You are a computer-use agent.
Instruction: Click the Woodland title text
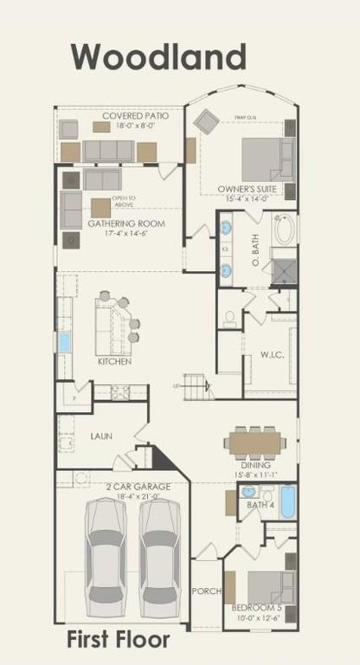click(158, 57)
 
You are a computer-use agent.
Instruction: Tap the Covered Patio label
click(135, 116)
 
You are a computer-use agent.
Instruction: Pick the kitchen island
click(112, 327)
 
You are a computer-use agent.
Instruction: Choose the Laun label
click(101, 436)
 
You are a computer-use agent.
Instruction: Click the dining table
click(254, 443)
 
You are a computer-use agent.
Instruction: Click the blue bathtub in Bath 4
click(287, 502)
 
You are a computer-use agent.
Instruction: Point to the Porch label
click(207, 591)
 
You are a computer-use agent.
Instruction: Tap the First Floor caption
click(119, 641)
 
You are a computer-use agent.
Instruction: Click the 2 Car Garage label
click(139, 487)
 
